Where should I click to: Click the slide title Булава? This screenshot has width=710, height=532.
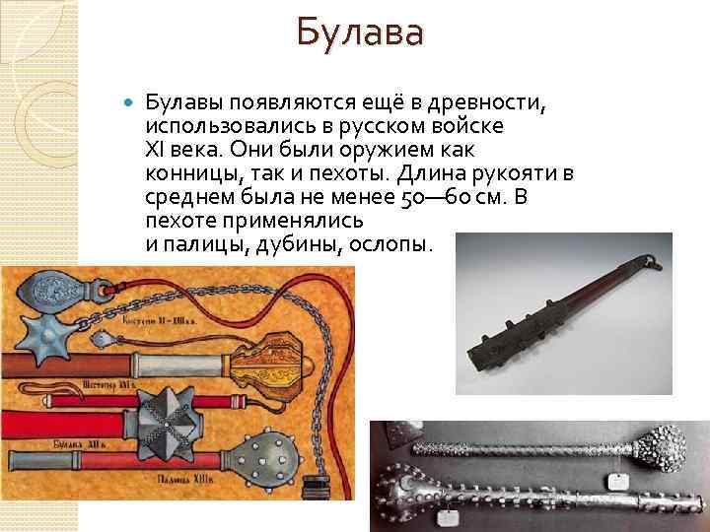coord(360,34)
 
